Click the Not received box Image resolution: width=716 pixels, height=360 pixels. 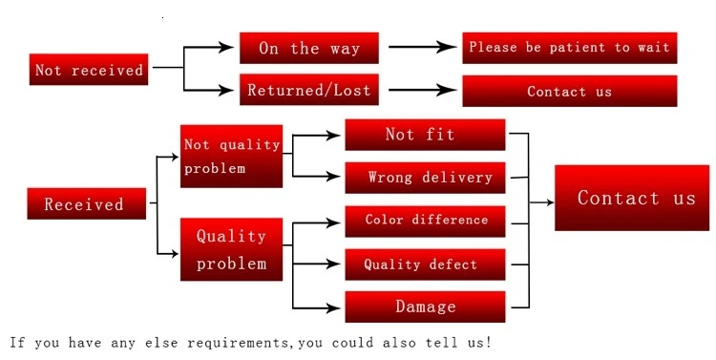89,70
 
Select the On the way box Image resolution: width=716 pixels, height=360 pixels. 308,48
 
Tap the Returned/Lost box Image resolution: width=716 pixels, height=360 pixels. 308,91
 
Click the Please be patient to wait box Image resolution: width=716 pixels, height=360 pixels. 569,48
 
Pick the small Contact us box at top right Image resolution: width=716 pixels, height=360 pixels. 569,92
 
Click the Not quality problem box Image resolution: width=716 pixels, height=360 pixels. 231,156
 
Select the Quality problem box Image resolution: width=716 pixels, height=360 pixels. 231,249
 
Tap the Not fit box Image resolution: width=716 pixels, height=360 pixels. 424,135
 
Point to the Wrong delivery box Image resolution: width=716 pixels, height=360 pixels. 424,178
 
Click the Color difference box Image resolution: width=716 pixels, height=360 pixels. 424,221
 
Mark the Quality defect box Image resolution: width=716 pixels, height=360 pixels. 424,265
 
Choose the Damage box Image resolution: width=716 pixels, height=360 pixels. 424,307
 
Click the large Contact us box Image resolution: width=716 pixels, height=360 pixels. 631,198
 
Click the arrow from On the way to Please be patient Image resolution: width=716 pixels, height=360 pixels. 421,47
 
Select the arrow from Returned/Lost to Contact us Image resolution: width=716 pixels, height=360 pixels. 421,91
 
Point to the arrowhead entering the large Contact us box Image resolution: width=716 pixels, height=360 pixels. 548,201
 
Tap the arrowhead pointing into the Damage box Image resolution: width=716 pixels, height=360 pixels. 336,307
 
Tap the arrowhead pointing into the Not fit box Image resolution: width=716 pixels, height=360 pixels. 336,135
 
